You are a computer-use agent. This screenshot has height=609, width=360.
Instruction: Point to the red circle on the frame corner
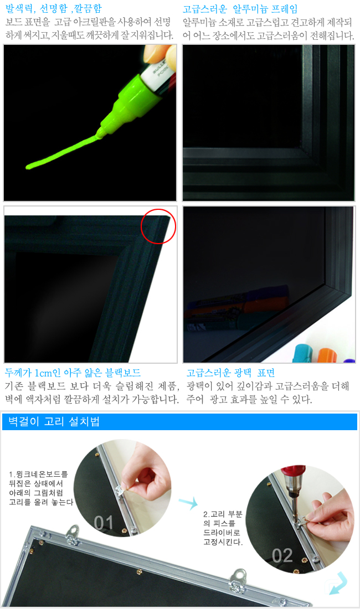[158, 226]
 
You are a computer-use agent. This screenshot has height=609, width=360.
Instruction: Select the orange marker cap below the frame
[327, 355]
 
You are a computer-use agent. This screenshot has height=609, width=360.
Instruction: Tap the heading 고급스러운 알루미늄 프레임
[240, 9]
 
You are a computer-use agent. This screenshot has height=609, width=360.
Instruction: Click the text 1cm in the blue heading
[43, 373]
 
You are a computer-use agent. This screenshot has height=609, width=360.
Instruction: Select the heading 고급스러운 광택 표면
[231, 373]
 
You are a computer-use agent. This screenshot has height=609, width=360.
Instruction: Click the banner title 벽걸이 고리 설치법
[54, 421]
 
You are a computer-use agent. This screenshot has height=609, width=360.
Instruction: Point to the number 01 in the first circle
[104, 523]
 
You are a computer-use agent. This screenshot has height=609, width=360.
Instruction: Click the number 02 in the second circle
[282, 556]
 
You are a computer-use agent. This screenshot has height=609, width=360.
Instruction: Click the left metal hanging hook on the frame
[72, 533]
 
